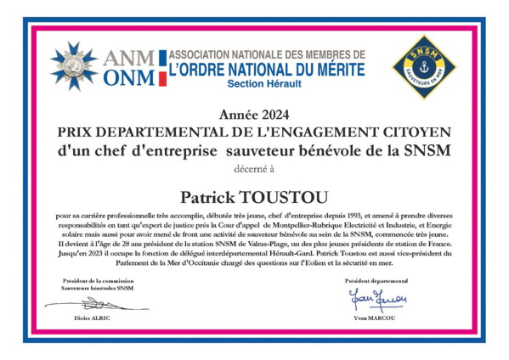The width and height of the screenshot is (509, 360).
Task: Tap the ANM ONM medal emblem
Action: tap(74, 65)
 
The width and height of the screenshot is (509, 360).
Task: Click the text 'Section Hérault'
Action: tap(263, 86)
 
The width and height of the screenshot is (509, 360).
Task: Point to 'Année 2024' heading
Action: tap(254, 115)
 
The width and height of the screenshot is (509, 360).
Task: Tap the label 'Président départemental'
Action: tap(377, 280)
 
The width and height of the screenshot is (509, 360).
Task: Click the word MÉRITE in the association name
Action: tap(329, 70)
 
